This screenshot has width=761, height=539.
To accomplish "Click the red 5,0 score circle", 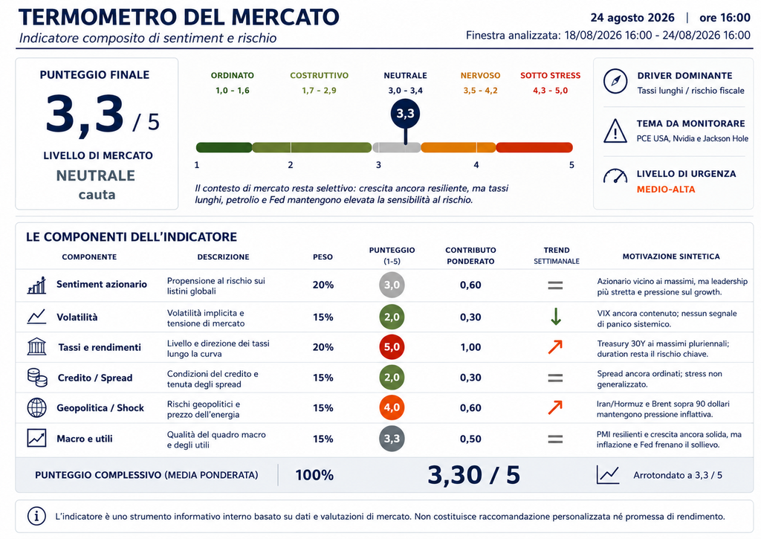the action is [392, 347].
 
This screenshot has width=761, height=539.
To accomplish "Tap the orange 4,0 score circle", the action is [392, 407].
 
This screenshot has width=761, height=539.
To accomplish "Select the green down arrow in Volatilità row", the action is [556, 317].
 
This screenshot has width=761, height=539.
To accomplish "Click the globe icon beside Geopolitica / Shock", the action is [37, 408].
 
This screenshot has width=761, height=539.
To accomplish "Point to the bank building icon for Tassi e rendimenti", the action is [37, 346].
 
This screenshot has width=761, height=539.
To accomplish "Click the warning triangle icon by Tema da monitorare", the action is [615, 131].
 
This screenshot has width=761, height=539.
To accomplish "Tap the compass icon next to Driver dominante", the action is [615, 81].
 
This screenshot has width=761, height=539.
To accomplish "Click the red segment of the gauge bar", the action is [534, 147].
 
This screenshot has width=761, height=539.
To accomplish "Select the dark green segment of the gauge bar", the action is [224, 147].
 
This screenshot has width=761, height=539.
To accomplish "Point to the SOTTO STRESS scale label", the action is [551, 76].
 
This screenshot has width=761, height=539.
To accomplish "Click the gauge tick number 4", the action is [476, 165].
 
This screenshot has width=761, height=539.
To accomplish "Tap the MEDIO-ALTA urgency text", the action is [666, 190].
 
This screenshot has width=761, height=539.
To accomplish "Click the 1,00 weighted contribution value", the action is [470, 347].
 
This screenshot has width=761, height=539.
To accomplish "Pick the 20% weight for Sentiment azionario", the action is [323, 285].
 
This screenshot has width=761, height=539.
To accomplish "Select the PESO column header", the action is [323, 257].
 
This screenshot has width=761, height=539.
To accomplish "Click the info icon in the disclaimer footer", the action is [37, 516].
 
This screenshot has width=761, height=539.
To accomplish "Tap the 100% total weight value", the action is [314, 475].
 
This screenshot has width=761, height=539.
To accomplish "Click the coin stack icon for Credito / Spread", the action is [37, 378].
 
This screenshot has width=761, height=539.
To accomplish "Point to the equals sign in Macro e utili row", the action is [555, 439].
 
